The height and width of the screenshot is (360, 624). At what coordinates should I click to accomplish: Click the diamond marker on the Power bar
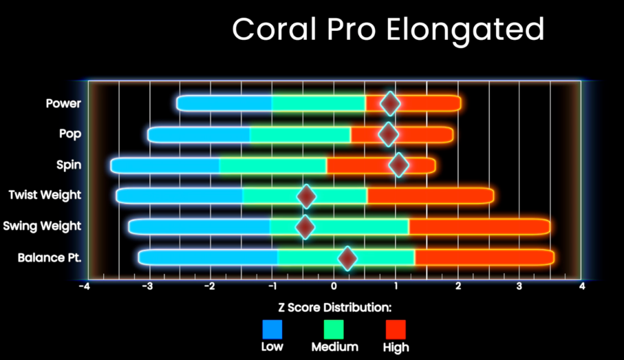[390, 103]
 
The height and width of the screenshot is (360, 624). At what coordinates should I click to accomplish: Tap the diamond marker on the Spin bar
[399, 165]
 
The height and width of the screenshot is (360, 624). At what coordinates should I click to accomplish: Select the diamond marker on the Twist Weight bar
[306, 196]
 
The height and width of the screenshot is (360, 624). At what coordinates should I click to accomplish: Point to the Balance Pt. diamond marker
[347, 258]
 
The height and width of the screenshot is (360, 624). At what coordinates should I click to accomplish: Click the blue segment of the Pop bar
[199, 135]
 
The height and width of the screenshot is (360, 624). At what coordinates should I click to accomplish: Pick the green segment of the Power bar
[319, 103]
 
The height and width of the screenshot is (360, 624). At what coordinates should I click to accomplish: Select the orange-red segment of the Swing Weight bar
[480, 226]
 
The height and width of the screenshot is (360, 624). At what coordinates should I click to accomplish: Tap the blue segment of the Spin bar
[165, 166]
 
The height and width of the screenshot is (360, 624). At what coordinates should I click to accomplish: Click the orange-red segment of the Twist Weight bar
[431, 196]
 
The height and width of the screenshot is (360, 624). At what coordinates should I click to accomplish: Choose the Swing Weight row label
[42, 226]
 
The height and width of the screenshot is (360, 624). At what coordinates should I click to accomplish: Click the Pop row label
[70, 134]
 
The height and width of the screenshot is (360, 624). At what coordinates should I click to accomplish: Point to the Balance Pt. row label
[50, 257]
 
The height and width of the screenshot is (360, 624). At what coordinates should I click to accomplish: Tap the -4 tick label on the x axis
[85, 286]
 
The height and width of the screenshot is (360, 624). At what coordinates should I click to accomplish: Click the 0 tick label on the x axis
[334, 286]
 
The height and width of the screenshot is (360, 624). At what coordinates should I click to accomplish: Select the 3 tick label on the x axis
[519, 286]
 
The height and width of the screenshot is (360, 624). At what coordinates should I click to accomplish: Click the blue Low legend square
[272, 329]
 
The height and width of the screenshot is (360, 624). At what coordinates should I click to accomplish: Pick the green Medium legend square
[334, 329]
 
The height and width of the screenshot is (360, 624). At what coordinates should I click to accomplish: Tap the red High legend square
[396, 329]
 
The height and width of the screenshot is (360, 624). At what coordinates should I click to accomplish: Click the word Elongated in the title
[465, 30]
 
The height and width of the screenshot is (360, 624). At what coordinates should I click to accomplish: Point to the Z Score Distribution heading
[335, 308]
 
